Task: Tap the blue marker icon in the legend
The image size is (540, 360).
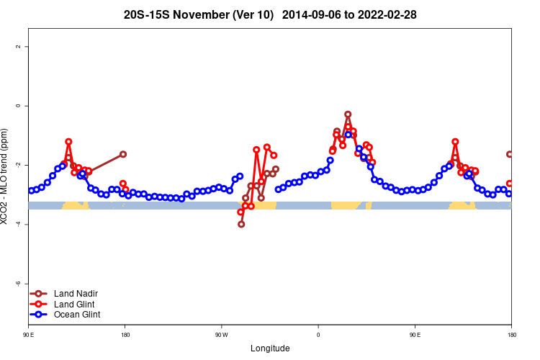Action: (39, 315)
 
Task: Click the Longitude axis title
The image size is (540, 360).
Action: (270, 348)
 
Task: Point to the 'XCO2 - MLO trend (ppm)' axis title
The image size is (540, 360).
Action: (6, 176)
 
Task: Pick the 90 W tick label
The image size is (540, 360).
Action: (221, 335)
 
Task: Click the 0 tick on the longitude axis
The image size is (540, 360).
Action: (318, 335)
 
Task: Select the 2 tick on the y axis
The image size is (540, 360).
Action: (17, 47)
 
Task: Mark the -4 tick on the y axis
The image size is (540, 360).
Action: (17, 225)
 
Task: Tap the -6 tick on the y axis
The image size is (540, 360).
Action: (17, 284)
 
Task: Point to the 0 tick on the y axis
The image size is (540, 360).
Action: (17, 106)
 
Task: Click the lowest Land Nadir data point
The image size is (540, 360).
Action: (241, 224)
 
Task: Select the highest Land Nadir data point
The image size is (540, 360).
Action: (348, 114)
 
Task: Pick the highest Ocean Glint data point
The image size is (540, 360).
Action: (348, 135)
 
